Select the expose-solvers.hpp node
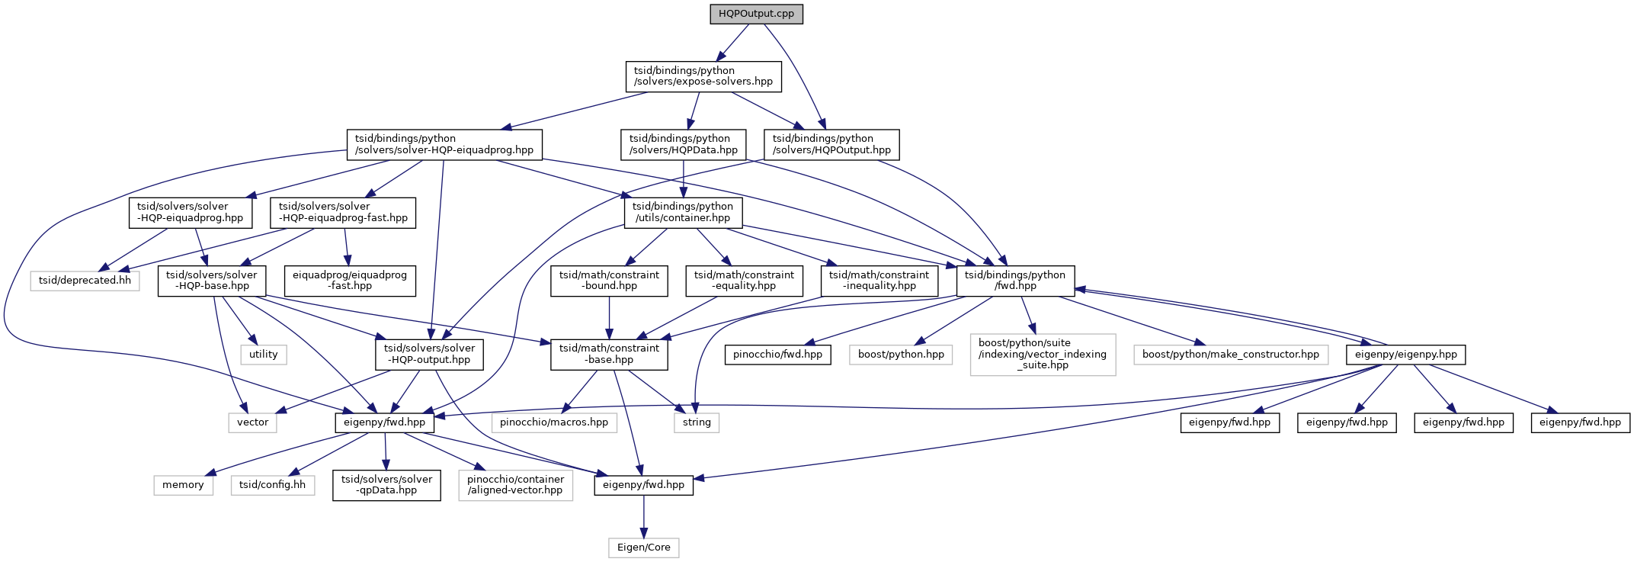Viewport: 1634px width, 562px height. point(703,76)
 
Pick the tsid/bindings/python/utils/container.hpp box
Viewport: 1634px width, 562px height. point(683,212)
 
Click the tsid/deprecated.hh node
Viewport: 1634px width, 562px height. point(85,281)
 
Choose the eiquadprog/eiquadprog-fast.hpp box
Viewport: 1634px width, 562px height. point(350,280)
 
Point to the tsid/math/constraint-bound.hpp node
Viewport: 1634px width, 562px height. point(609,280)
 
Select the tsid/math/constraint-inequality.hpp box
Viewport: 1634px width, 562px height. point(879,280)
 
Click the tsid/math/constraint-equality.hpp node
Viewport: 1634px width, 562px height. point(744,280)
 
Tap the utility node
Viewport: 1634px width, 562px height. point(264,355)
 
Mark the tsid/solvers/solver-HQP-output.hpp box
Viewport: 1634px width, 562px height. point(429,354)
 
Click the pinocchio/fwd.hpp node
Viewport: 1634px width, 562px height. point(777,355)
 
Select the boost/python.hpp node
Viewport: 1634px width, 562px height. point(901,355)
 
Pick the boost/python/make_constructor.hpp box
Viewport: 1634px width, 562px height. point(1230,355)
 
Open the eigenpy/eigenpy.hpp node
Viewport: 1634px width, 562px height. point(1405,355)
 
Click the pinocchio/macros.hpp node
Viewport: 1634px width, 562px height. point(554,422)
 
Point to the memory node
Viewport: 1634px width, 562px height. point(183,485)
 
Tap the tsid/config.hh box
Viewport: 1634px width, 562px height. point(272,485)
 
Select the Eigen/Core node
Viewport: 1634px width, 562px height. point(643,548)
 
